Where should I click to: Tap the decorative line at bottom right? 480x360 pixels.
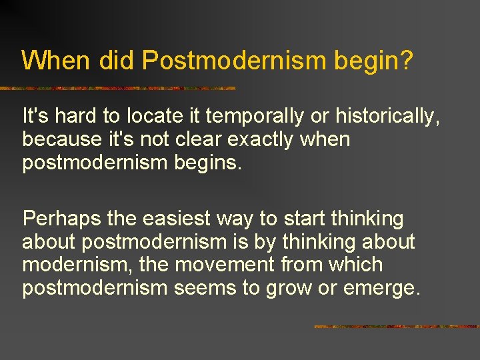click(x=396, y=327)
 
